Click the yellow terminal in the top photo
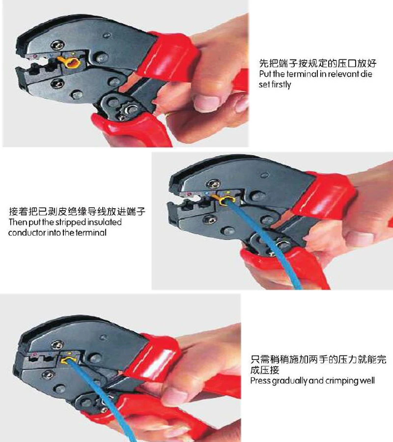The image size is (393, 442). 70,62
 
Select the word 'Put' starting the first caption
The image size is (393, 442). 265,74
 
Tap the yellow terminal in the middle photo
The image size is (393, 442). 225,200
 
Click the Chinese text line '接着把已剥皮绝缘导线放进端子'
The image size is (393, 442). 77,211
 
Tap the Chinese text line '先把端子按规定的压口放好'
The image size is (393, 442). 318,63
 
